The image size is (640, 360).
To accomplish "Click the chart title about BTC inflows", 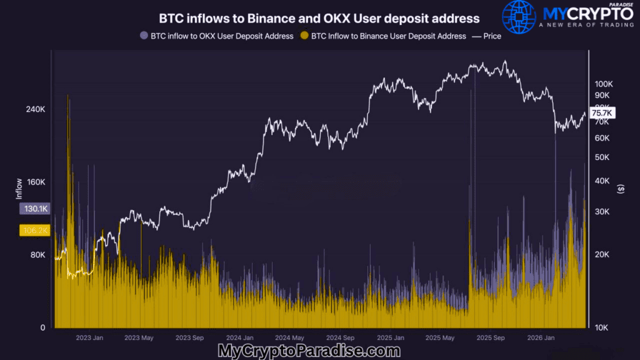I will tap(319, 19).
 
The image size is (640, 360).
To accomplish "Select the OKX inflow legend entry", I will tap(217, 36).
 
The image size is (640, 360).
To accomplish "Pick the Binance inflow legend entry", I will tap(383, 36).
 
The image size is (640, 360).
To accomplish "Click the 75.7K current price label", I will tap(602, 113).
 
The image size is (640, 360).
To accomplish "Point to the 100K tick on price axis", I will tap(604, 84).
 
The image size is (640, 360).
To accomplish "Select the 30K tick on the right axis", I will tap(601, 212).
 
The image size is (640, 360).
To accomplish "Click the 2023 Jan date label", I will tap(89, 338).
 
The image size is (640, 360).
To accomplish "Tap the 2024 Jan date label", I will tap(240, 338).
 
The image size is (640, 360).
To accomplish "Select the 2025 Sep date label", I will tap(491, 338).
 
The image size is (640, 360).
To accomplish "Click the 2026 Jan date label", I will tap(541, 338).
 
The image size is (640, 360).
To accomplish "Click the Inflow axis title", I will tap(19, 189).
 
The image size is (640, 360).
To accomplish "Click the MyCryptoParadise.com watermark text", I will tap(309, 351).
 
